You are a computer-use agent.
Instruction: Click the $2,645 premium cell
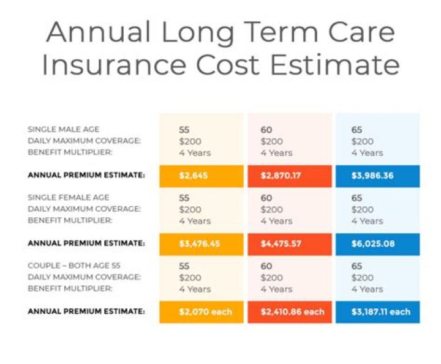point(200,176)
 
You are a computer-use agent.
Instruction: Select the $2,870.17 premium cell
point(290,176)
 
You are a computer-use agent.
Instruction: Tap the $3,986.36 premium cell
point(377,176)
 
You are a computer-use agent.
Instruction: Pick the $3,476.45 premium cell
point(200,244)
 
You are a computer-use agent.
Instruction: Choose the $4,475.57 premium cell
point(290,244)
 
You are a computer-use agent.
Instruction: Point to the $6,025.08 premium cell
point(377,244)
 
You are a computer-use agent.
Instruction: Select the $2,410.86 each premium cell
point(290,312)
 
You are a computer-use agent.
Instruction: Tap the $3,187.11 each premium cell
point(377,312)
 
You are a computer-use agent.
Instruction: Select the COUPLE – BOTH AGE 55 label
point(74,266)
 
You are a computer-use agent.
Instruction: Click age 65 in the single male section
point(356,130)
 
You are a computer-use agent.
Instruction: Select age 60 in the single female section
point(266,198)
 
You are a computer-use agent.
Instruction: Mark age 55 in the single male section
point(184,130)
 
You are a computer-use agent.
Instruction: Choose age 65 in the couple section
point(356,266)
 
